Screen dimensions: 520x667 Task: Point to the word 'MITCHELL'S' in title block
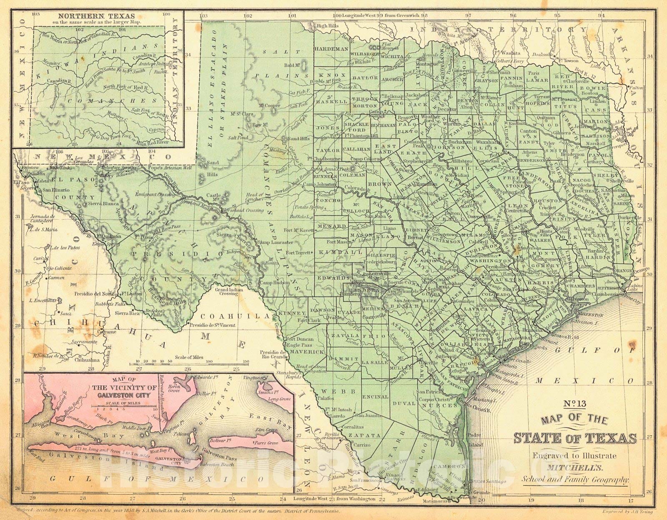(x=575, y=468)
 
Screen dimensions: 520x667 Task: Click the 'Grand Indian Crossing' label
(x=226, y=291)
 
